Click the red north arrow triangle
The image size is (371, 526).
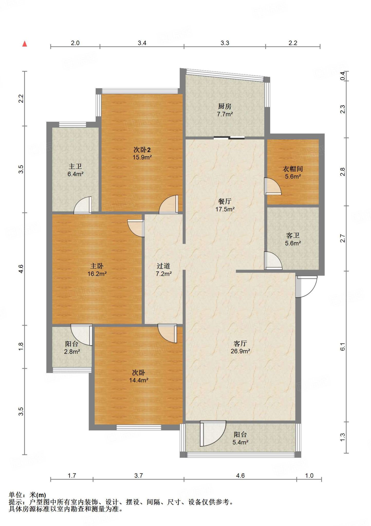coord(25,44)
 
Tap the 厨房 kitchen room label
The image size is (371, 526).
coord(225,106)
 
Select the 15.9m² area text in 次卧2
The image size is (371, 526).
coord(142,157)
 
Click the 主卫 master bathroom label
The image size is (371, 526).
coord(75,166)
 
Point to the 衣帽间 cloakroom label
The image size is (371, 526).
coord(293,169)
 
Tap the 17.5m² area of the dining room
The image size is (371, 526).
coord(225,209)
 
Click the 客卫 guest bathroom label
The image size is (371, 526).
coord(293,235)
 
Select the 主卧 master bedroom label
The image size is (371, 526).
coord(97,266)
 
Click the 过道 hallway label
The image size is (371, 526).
coord(163,266)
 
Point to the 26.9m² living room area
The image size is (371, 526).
coord(240,351)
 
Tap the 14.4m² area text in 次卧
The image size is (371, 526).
coord(139,380)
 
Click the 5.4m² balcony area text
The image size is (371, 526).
coord(240,442)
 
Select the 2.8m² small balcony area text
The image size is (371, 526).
coord(72,352)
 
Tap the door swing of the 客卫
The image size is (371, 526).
coord(273,260)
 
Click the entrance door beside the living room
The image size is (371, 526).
coord(307,287)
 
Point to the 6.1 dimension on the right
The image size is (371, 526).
coord(343,347)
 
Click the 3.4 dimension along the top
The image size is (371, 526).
coord(142,43)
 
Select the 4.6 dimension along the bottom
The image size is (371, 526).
coord(240,476)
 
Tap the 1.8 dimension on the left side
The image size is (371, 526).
coord(21,346)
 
